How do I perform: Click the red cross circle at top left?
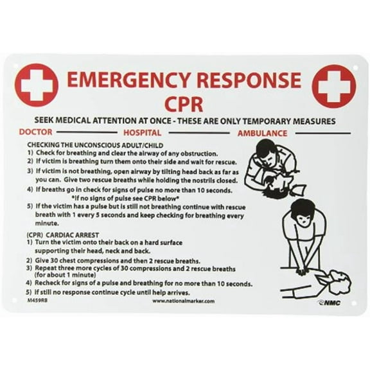click(x=36, y=86)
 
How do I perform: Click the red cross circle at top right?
click(x=333, y=86)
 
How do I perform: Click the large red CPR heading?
click(x=185, y=103)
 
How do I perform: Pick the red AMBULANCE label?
click(x=261, y=133)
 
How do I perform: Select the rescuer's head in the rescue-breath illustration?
click(x=265, y=149)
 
